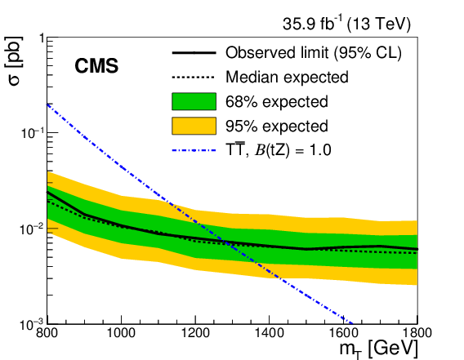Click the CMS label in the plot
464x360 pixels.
97,66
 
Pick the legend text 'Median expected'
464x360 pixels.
286,78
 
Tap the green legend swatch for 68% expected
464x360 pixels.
194,102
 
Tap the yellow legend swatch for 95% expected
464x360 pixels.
194,126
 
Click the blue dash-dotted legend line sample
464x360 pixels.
194,149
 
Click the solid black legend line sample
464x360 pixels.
194,54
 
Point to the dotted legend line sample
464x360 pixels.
194,78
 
